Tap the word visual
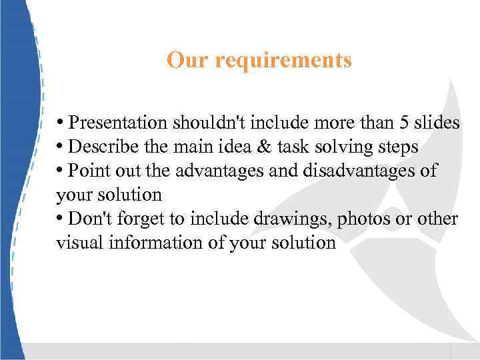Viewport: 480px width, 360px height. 76,243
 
